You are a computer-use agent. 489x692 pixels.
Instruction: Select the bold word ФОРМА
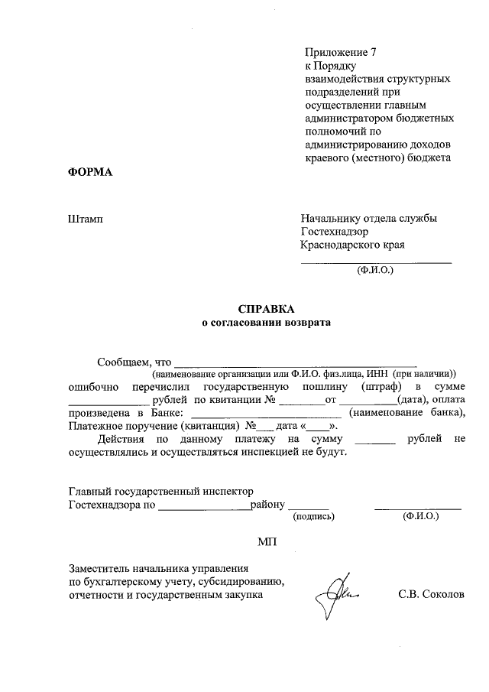pos(90,171)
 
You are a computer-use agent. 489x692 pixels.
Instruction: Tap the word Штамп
pos(86,218)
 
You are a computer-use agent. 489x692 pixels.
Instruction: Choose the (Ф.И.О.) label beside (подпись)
pos(420,517)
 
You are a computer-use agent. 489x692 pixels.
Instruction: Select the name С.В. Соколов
pos(431,594)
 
